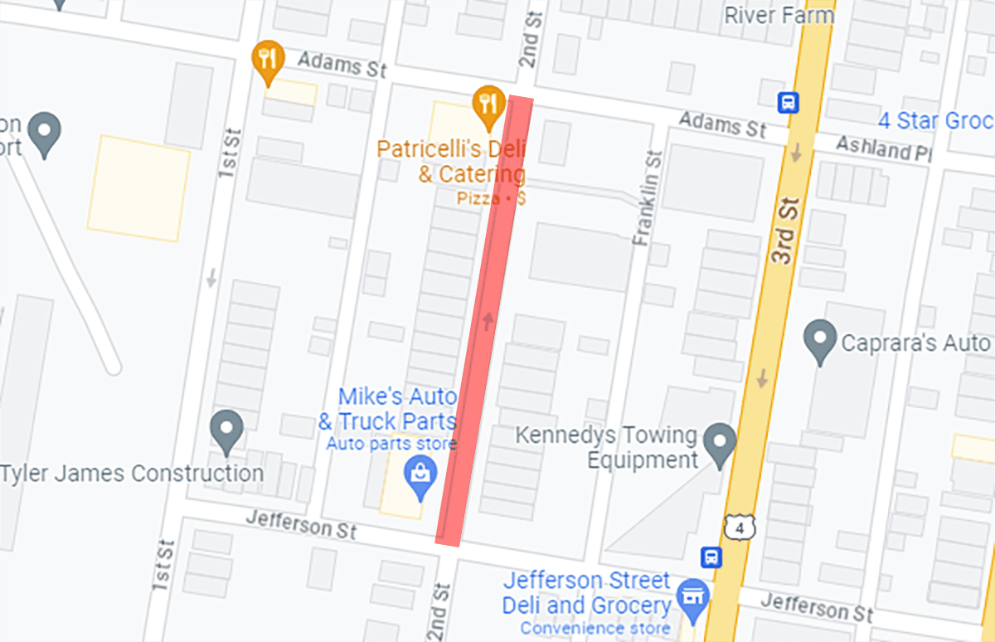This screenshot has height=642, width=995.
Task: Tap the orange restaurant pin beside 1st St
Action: [x=268, y=59]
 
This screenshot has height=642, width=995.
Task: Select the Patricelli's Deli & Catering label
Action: [x=451, y=163]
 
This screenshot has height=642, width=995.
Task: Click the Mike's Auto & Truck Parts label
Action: [x=387, y=408]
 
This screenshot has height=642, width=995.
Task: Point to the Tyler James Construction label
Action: [x=132, y=474]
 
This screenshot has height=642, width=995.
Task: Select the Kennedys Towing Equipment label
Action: [x=605, y=447]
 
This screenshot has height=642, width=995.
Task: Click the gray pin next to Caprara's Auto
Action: [x=820, y=341]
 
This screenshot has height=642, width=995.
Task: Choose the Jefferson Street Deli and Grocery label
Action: [x=586, y=592]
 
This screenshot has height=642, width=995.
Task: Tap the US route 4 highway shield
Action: [x=738, y=525]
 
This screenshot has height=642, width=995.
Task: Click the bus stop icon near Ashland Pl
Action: [x=788, y=102]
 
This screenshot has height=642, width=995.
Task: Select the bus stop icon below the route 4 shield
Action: [x=711, y=557]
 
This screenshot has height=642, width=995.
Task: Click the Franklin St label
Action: [x=648, y=197]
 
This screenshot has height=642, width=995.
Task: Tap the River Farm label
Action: [x=779, y=15]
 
